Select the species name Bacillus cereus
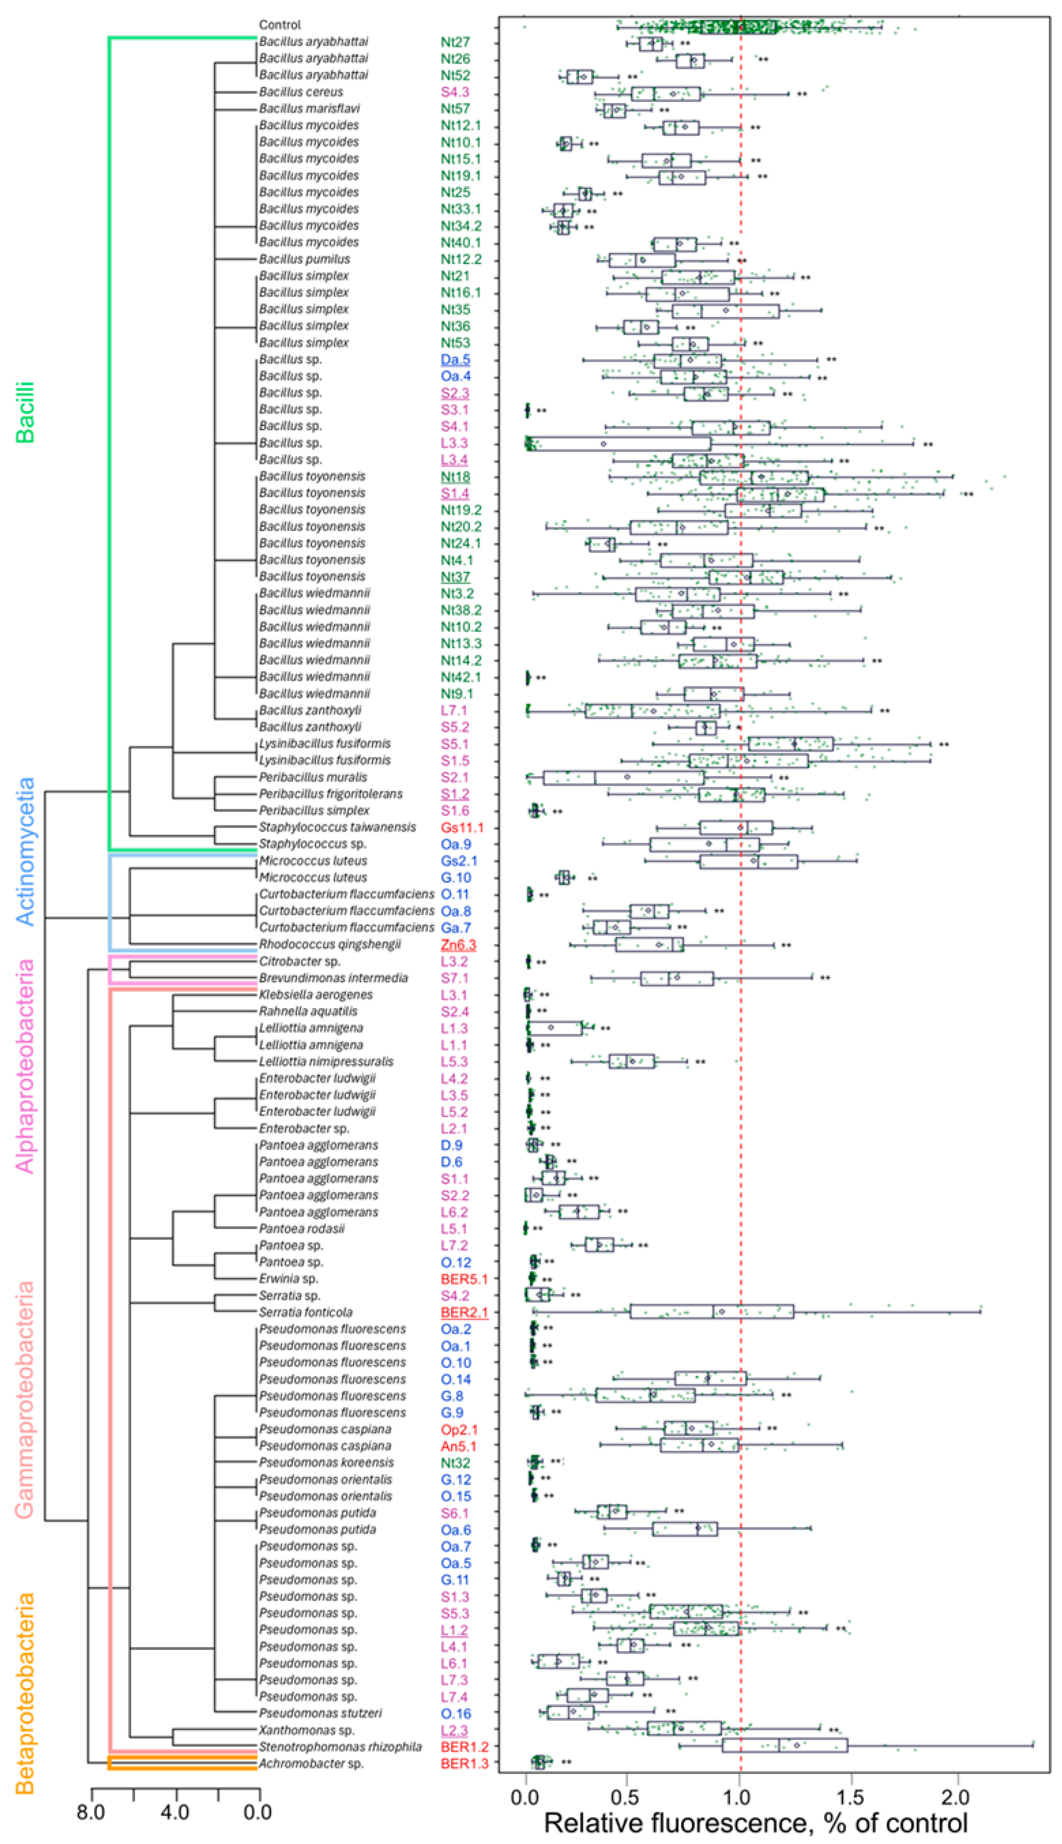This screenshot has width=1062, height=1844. click(x=301, y=92)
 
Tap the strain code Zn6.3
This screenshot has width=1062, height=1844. click(x=458, y=945)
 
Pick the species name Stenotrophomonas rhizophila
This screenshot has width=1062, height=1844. click(x=340, y=1747)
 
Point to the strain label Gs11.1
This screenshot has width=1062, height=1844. click(x=462, y=827)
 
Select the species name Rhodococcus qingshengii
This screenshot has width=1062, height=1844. click(x=330, y=945)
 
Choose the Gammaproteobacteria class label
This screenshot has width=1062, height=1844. click(x=26, y=1401)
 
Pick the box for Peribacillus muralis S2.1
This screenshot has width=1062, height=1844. click(x=623, y=778)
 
